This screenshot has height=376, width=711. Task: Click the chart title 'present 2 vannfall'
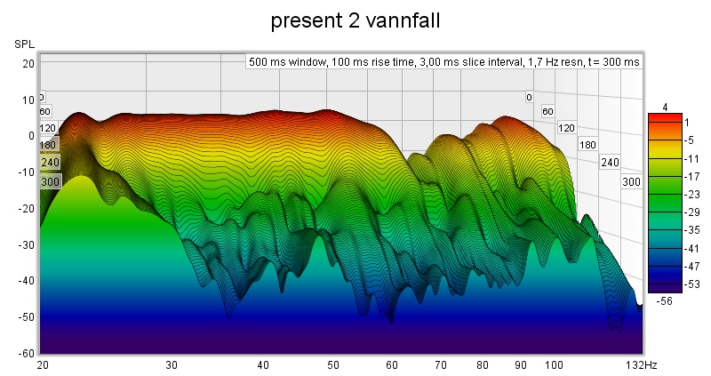355,19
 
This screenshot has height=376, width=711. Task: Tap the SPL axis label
24,44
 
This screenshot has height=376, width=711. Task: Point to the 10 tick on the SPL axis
28,100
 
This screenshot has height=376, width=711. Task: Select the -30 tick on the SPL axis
27,244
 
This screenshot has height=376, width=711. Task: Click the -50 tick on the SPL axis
27,316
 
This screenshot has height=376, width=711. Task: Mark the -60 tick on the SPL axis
27,353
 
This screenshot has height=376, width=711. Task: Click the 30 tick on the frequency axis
172,365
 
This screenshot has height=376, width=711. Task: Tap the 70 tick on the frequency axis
440,365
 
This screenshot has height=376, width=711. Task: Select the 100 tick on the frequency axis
554,365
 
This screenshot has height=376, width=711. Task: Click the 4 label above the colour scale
664,107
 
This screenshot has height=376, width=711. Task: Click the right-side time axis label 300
631,181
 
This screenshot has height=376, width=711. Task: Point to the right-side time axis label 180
587,144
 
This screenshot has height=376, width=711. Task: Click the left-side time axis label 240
49,163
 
